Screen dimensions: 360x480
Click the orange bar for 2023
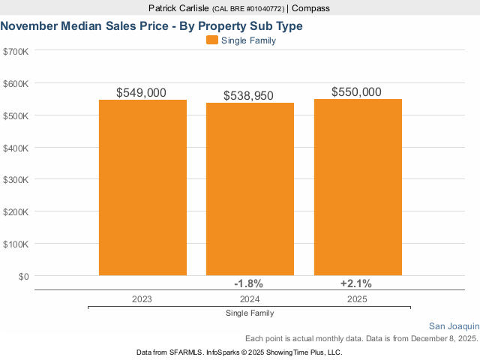point(142,187)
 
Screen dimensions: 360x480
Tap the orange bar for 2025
point(358,187)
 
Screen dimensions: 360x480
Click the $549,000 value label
point(142,92)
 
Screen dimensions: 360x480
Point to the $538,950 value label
point(249,96)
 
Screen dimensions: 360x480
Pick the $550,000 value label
point(357,91)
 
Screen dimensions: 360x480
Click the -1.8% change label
point(249,283)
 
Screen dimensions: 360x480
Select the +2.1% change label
point(356,283)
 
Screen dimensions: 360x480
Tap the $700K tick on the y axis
point(16,51)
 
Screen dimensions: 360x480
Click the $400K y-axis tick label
point(16,148)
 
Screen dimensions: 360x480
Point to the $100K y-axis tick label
point(16,244)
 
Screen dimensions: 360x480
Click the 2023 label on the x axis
point(142,298)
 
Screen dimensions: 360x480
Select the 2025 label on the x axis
point(357,298)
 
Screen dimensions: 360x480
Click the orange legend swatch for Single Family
point(211,40)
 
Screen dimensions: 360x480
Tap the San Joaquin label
point(454,326)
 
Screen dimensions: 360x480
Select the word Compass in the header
point(310,8)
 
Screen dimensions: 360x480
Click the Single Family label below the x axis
point(249,313)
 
